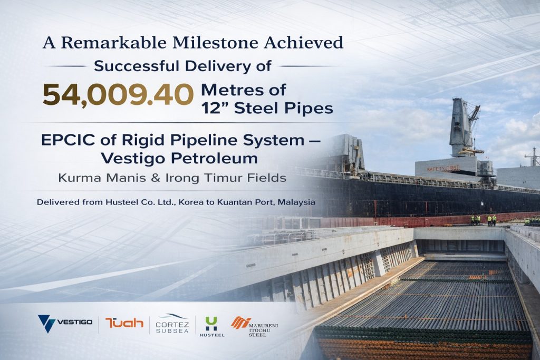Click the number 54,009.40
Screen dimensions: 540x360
tap(118, 95)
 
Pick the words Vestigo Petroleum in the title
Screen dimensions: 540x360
tap(179, 159)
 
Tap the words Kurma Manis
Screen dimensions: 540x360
tap(98, 178)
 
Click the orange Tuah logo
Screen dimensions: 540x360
tap(124, 323)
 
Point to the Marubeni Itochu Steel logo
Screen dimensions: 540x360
tap(254, 326)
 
